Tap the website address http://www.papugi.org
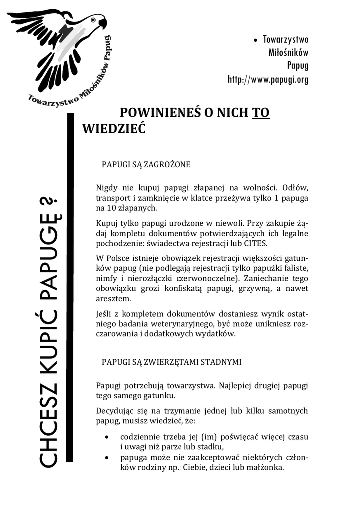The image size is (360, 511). [x=268, y=79]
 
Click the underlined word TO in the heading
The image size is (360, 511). [x=260, y=113]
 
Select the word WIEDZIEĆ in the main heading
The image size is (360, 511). [x=113, y=129]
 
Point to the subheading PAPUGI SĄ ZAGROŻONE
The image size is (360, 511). [x=146, y=164]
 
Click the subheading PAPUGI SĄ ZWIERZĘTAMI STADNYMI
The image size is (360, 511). [x=172, y=362]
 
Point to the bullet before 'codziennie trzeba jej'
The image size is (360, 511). [x=108, y=437]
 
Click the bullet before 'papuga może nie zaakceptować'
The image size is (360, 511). [x=108, y=458]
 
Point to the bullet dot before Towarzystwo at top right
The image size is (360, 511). [x=256, y=40]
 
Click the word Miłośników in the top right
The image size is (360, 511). [x=288, y=53]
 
